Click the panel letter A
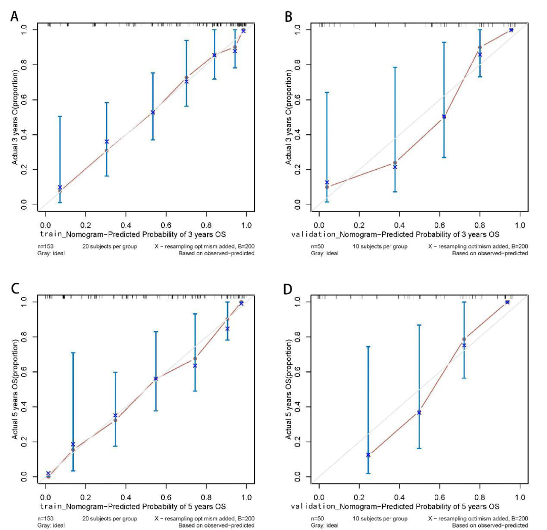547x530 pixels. coord(16,16)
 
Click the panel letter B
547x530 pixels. coord(289,16)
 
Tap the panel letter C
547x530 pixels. coord(16,289)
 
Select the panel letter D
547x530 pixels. coord(289,289)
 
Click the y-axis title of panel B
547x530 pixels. coord(289,117)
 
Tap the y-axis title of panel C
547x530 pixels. coord(15,389)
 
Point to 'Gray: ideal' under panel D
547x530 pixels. coord(324,525)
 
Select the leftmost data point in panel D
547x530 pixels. coord(368,455)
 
